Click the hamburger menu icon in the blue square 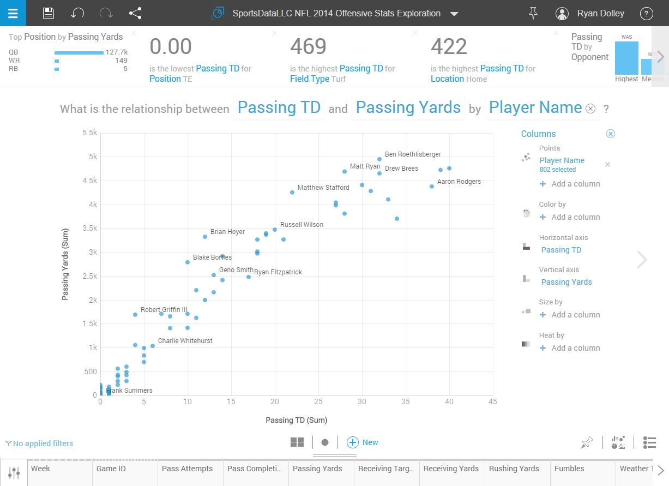click(x=13, y=13)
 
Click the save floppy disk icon click(x=49, y=14)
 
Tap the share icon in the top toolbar click(x=135, y=14)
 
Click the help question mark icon click(x=646, y=14)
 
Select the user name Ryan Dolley click(x=600, y=14)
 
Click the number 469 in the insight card click(x=308, y=47)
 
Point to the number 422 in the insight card click(x=449, y=47)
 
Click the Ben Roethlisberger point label click(x=413, y=154)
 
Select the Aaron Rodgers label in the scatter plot click(x=459, y=182)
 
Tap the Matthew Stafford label click(x=323, y=188)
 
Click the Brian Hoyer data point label click(x=227, y=232)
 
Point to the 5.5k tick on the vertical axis click(x=89, y=133)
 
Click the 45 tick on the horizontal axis click(x=492, y=402)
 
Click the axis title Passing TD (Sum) click(x=296, y=420)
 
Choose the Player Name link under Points click(x=562, y=160)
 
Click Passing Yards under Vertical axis click(x=566, y=282)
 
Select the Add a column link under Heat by click(x=575, y=348)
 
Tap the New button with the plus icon click(x=363, y=442)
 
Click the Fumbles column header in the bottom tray click(x=569, y=469)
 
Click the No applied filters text click(x=43, y=443)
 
